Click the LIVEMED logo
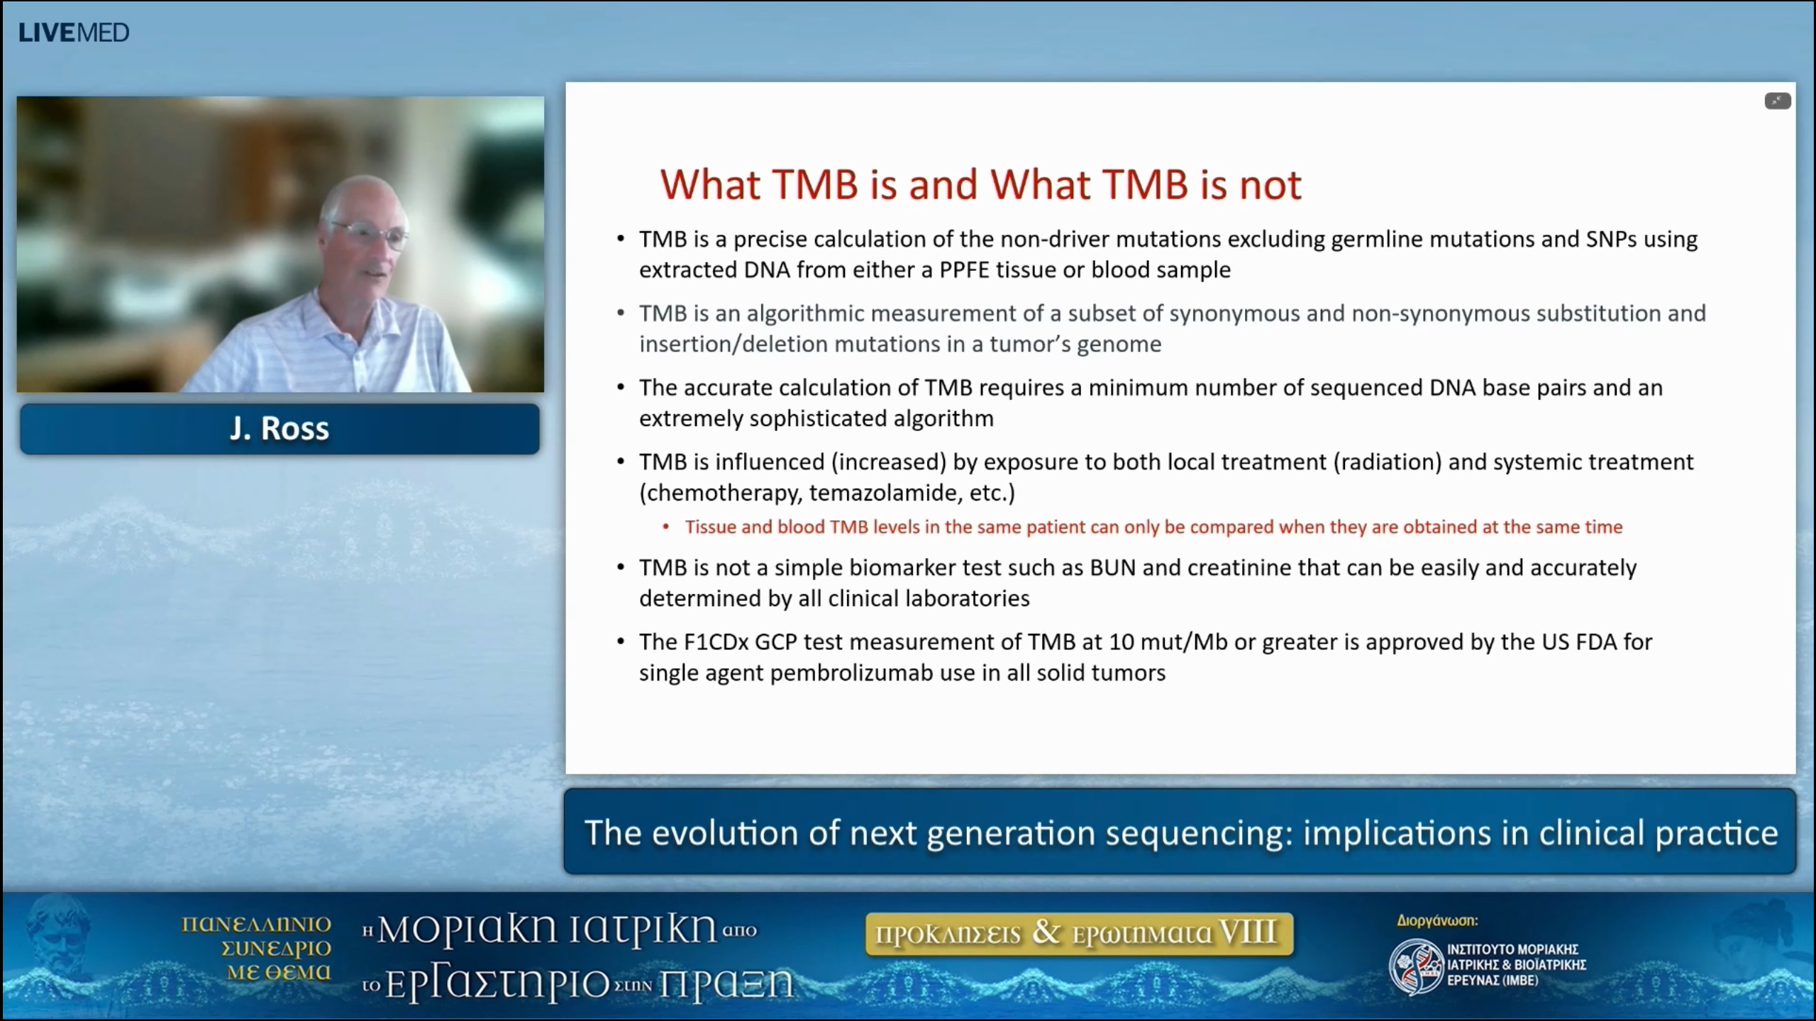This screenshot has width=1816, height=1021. point(74,33)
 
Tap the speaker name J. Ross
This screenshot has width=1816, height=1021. point(279,428)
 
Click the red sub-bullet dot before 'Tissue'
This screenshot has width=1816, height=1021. point(665,527)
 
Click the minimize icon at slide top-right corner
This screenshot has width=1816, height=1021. point(1777,101)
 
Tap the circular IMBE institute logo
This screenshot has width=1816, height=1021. point(1415,966)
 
